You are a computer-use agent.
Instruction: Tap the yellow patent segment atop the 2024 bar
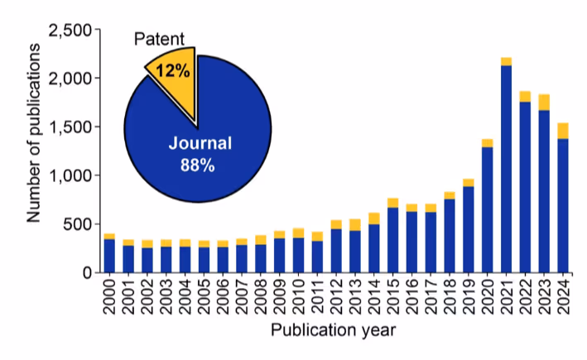(564, 131)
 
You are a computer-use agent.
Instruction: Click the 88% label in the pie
(198, 166)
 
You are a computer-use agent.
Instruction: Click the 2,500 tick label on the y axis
(71, 31)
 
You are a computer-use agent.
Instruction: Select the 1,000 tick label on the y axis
(71, 175)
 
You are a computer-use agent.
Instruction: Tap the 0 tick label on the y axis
(86, 272)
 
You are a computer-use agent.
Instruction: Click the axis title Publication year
(335, 331)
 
